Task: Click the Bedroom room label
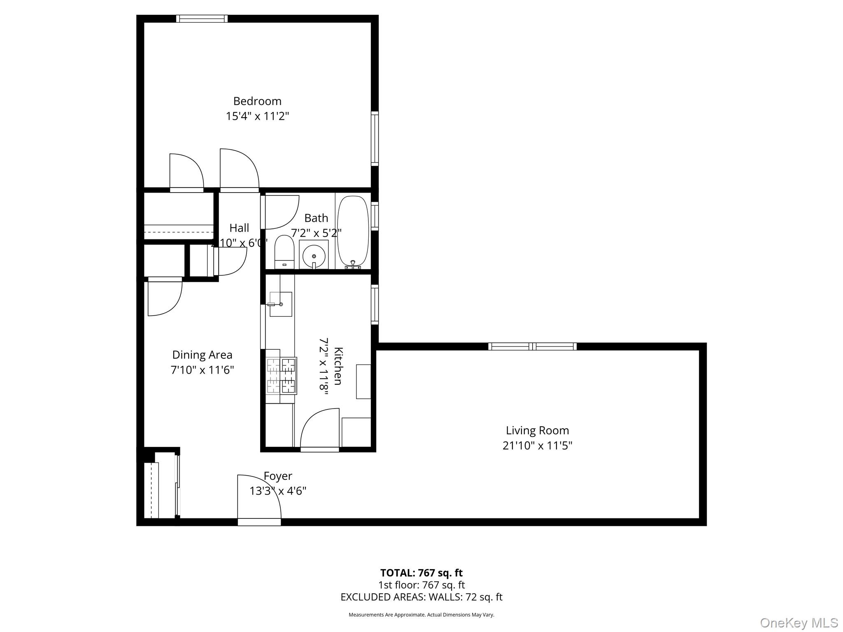click(257, 101)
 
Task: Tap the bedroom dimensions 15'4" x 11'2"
click(257, 116)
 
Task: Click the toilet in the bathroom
click(284, 251)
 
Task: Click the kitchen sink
click(281, 304)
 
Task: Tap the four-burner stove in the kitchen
click(282, 376)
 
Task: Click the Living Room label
click(537, 430)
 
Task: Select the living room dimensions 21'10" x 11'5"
click(537, 446)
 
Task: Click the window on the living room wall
click(532, 346)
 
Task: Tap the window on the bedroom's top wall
click(202, 19)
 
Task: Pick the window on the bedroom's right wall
click(375, 138)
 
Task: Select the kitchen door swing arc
click(319, 428)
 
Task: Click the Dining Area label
click(202, 355)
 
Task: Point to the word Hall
click(239, 228)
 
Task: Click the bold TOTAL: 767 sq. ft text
click(421, 573)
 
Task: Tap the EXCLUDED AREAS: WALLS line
click(421, 597)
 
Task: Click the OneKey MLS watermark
click(799, 623)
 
